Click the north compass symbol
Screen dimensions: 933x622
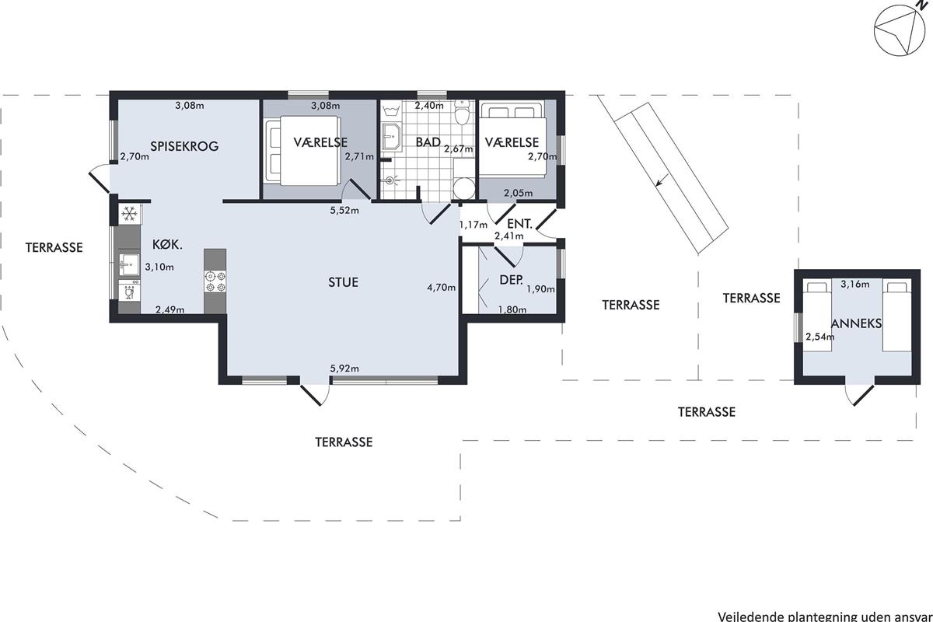(899, 36)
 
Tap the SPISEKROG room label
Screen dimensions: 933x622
(184, 146)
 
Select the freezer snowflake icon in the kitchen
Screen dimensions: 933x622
(129, 214)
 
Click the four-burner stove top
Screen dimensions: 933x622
(215, 281)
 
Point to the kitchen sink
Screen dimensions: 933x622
(129, 264)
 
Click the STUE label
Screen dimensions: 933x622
(343, 282)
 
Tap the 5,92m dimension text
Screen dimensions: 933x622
(344, 369)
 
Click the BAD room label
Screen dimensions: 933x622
(428, 142)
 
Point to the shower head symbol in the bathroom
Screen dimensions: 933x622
(390, 180)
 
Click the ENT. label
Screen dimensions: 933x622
(519, 224)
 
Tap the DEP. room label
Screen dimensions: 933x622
(511, 280)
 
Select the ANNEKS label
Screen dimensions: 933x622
(856, 323)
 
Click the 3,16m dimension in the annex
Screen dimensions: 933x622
(855, 284)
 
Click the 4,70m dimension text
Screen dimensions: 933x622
(441, 287)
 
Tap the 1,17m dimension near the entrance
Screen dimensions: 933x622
(473, 225)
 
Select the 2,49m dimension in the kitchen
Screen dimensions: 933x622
(170, 309)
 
